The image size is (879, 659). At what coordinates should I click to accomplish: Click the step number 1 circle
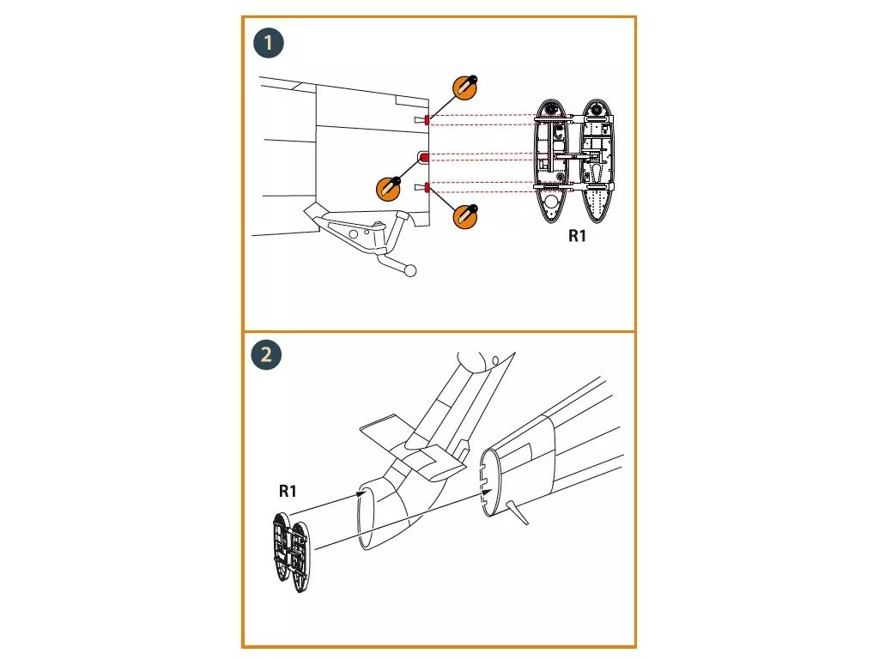[x=269, y=44]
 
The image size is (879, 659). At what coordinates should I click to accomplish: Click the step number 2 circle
[x=266, y=355]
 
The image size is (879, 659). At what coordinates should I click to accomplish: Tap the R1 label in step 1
[x=577, y=236]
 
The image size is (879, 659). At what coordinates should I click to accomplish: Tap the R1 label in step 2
[x=288, y=491]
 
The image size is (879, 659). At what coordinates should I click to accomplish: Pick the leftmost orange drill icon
[x=389, y=186]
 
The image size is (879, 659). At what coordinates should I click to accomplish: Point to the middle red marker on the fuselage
[x=424, y=157]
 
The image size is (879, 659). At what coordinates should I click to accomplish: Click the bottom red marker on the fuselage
[x=427, y=188]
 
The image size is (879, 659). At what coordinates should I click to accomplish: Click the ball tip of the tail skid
[x=411, y=272]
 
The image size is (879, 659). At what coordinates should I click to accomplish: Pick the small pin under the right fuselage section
[x=518, y=512]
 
